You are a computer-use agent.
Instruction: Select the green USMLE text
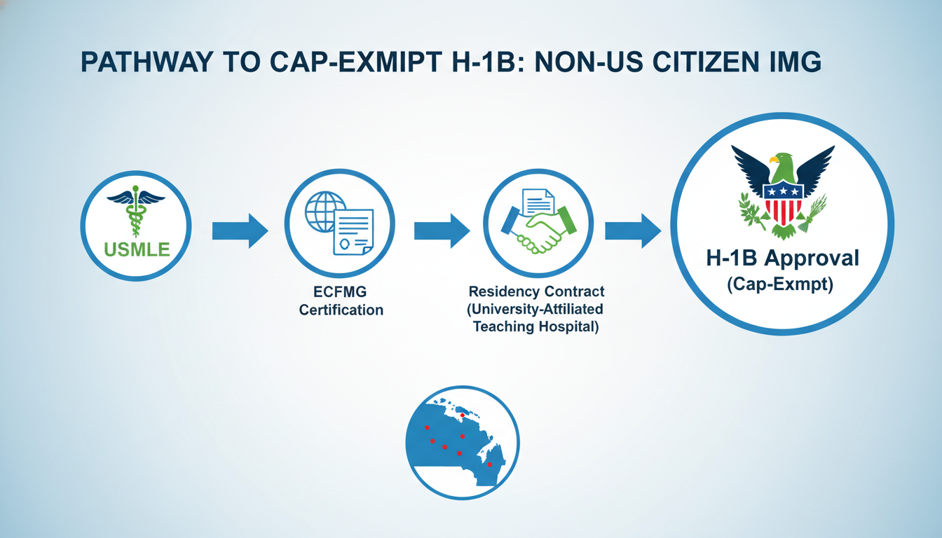136,249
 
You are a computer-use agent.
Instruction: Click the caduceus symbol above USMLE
136,211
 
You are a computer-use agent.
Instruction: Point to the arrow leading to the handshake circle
441,230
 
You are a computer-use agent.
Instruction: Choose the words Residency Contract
536,291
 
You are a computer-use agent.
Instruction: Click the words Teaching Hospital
536,327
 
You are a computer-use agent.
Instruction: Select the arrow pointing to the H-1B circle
632,230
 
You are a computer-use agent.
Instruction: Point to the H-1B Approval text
781,258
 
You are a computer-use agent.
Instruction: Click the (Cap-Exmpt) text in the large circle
781,285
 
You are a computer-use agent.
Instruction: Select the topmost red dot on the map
462,415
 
